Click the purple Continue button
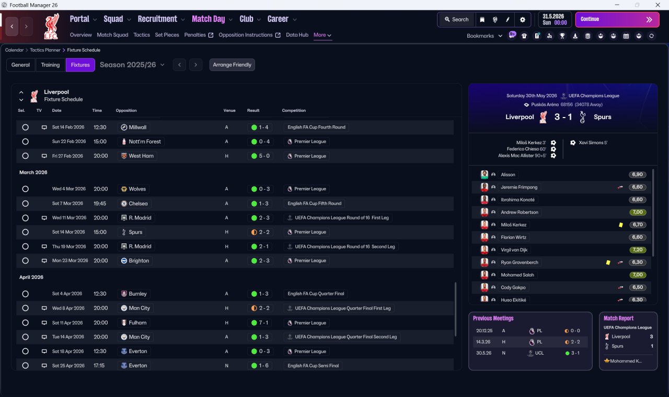click(x=617, y=19)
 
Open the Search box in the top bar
click(x=457, y=19)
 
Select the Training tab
click(x=50, y=65)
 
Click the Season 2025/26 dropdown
click(x=132, y=65)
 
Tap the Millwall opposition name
click(x=137, y=127)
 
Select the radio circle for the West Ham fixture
click(x=26, y=156)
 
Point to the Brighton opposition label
click(x=139, y=261)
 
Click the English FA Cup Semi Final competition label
click(x=313, y=366)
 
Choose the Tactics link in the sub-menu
click(x=142, y=35)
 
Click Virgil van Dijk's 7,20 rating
click(x=638, y=250)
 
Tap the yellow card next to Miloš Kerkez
click(x=620, y=225)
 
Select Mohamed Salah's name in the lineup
click(x=517, y=275)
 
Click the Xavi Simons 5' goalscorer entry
click(x=593, y=143)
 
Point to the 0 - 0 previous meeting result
click(x=575, y=331)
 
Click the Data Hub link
click(x=297, y=35)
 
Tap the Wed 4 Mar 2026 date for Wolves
click(x=68, y=189)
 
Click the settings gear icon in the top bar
click(x=522, y=20)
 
